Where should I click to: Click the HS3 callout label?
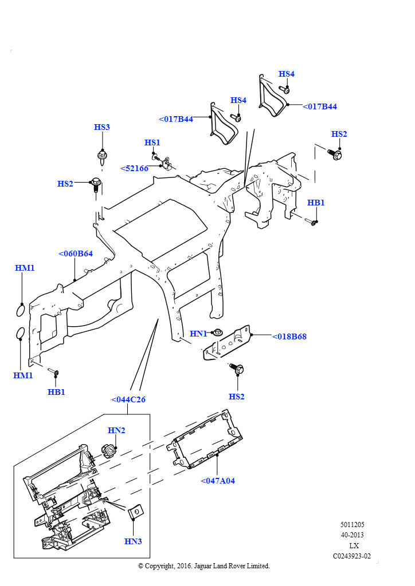101,127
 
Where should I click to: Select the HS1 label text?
152,142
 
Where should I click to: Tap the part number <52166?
134,168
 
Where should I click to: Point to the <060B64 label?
76,254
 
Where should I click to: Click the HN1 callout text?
198,334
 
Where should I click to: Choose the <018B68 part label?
289,336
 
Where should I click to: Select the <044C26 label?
128,399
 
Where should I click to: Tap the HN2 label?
116,430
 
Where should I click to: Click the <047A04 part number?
218,481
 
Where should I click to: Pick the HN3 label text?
133,541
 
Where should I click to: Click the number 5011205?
352,524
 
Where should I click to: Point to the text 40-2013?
352,535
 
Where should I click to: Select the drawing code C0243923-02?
352,556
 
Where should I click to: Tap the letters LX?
354,545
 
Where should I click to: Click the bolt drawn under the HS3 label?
102,156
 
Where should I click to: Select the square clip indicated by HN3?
136,512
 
